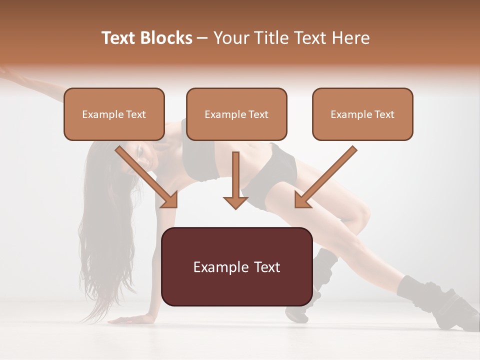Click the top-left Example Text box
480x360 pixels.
[x=114, y=114]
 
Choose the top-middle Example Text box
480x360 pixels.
[x=236, y=114]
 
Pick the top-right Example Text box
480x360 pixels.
[x=362, y=114]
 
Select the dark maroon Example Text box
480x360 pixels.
[x=237, y=267]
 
